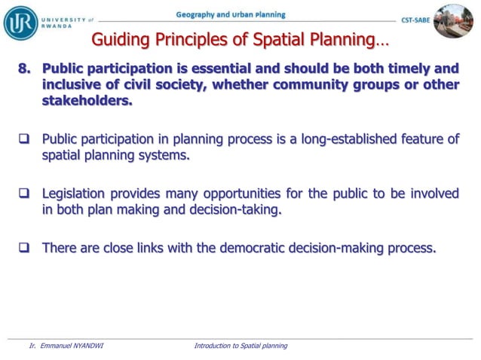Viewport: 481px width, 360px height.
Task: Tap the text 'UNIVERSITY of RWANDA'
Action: tap(68, 22)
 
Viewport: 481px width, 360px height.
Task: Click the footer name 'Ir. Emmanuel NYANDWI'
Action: tap(66, 346)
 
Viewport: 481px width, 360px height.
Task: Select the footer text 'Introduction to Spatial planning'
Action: tap(240, 346)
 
